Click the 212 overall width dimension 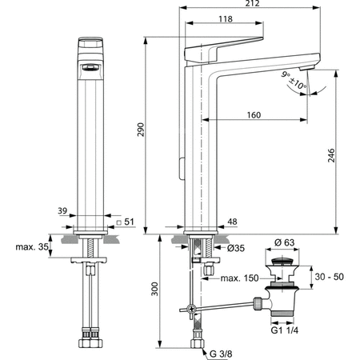(252, 3)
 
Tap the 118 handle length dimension (226, 19)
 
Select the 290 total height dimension (141, 130)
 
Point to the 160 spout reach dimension (254, 115)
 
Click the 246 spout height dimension (331, 155)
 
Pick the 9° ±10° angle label (294, 80)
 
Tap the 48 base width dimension (232, 222)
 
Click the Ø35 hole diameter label (236, 248)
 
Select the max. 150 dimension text (239, 278)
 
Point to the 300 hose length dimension (154, 289)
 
